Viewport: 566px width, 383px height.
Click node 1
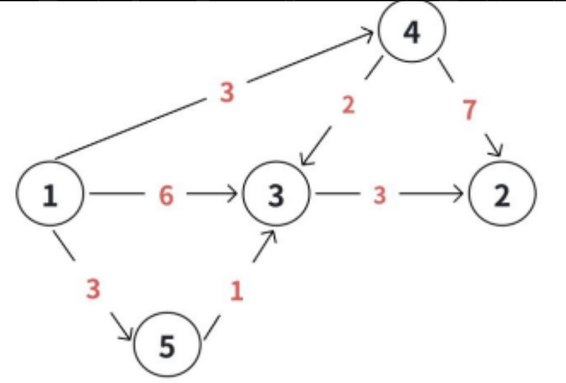49,194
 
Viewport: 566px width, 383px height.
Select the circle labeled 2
502,194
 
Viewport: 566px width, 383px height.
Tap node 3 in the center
276,194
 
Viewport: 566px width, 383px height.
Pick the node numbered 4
412,31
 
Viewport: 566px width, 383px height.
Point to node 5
167,346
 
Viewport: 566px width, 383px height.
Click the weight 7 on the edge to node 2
470,110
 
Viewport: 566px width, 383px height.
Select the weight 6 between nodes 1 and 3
166,195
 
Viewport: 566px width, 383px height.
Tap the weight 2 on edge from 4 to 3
348,105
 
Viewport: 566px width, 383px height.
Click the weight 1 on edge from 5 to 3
236,291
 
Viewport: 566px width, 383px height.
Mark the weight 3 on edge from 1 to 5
94,290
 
